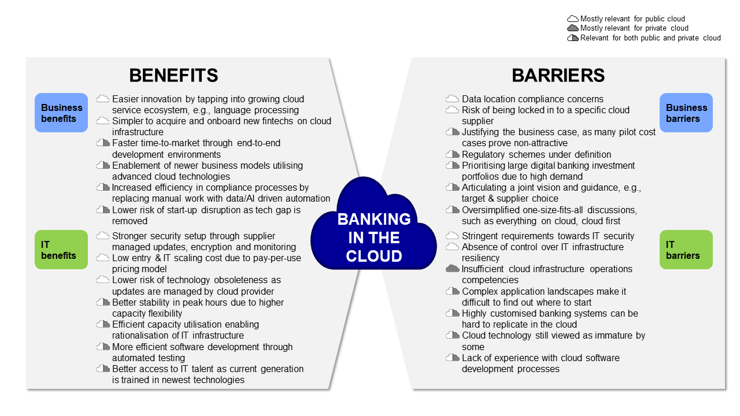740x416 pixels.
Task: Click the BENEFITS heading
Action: [173, 75]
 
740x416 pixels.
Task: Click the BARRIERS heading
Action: [558, 75]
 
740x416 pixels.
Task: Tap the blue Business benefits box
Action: [61, 113]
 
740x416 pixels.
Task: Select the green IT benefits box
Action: [61, 250]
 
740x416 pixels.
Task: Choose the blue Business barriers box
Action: [686, 113]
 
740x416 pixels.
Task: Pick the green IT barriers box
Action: [686, 250]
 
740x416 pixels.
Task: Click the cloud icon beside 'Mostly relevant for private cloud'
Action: [573, 28]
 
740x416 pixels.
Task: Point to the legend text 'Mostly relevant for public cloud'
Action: [632, 19]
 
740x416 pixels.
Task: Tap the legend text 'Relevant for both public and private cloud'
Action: [650, 38]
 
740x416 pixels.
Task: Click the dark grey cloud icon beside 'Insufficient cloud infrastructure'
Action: [453, 269]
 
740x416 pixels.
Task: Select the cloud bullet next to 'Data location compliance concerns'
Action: [453, 99]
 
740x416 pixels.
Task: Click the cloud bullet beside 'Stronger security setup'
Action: [103, 236]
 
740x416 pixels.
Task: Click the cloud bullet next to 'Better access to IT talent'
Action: [103, 369]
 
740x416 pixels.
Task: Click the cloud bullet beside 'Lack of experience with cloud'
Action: [453, 358]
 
